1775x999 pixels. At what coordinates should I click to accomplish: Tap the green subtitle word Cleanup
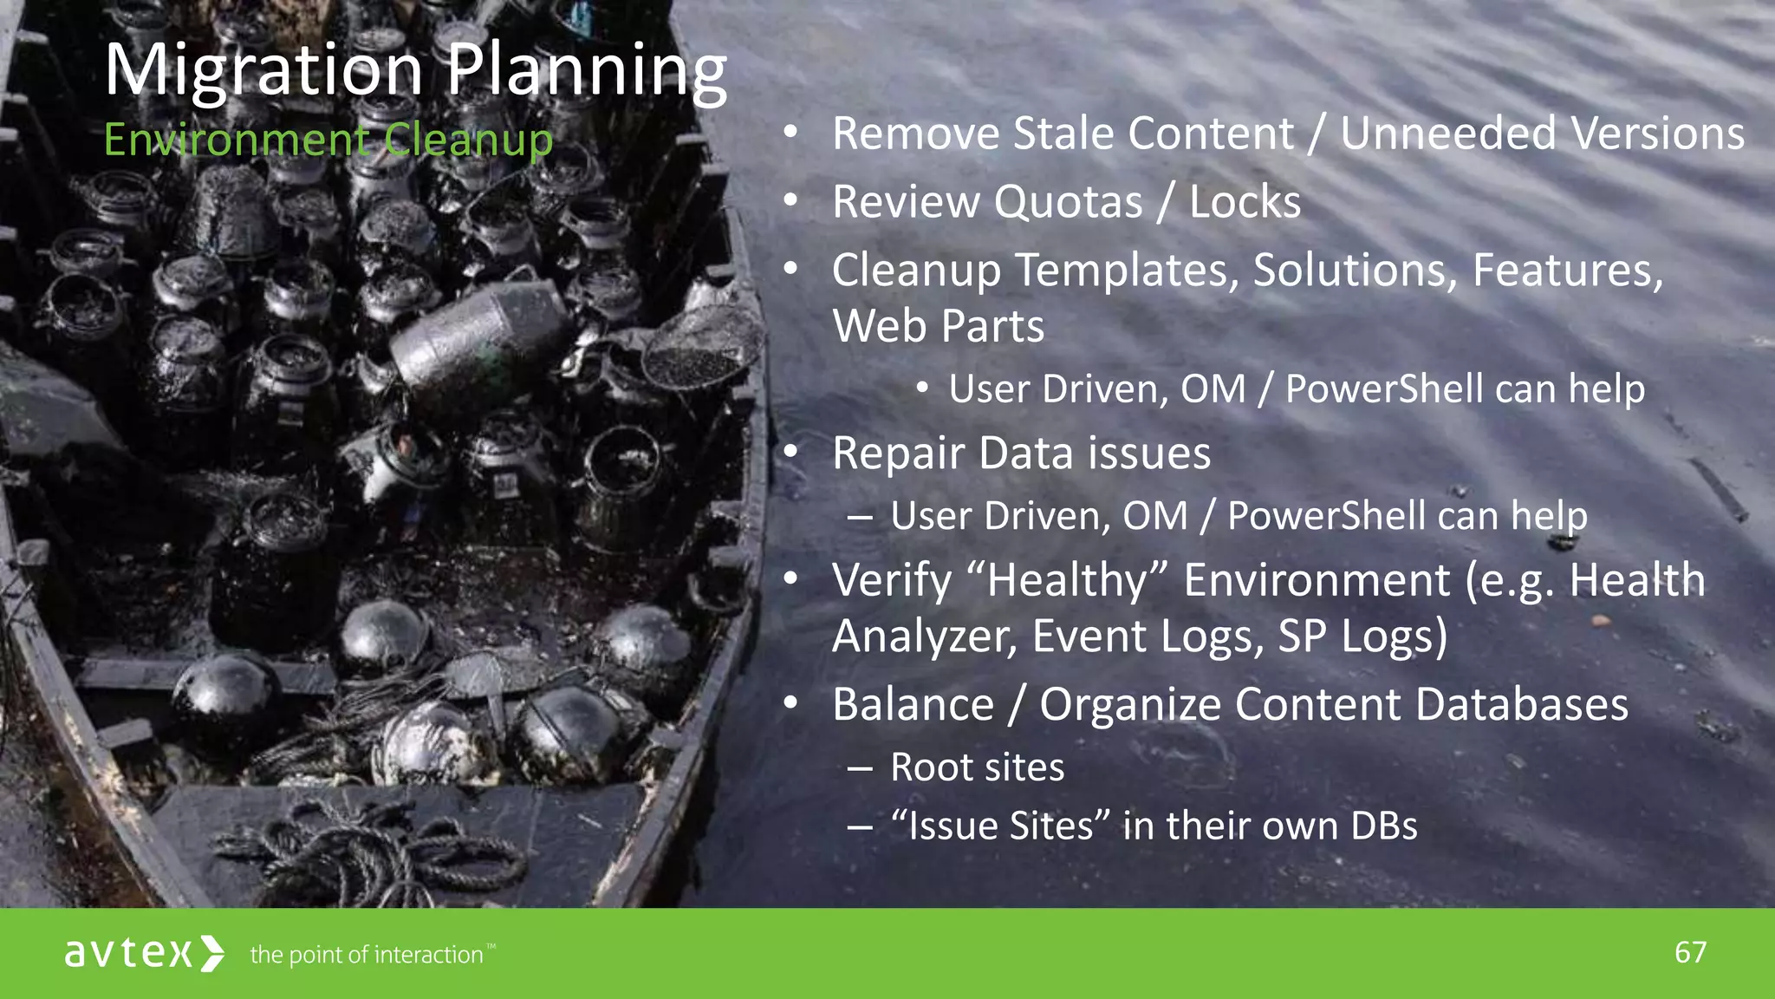468,140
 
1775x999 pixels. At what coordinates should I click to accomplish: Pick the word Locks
1245,202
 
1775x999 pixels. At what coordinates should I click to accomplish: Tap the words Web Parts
938,326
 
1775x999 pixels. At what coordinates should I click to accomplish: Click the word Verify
892,579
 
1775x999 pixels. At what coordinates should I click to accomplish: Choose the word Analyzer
924,636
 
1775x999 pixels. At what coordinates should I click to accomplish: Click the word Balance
913,704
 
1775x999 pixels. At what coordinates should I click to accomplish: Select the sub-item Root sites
977,767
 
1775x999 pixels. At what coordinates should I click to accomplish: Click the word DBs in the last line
1383,826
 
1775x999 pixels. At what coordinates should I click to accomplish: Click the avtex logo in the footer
144,953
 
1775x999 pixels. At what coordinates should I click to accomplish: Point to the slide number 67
1690,953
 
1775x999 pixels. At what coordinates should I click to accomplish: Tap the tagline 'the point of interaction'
367,955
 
